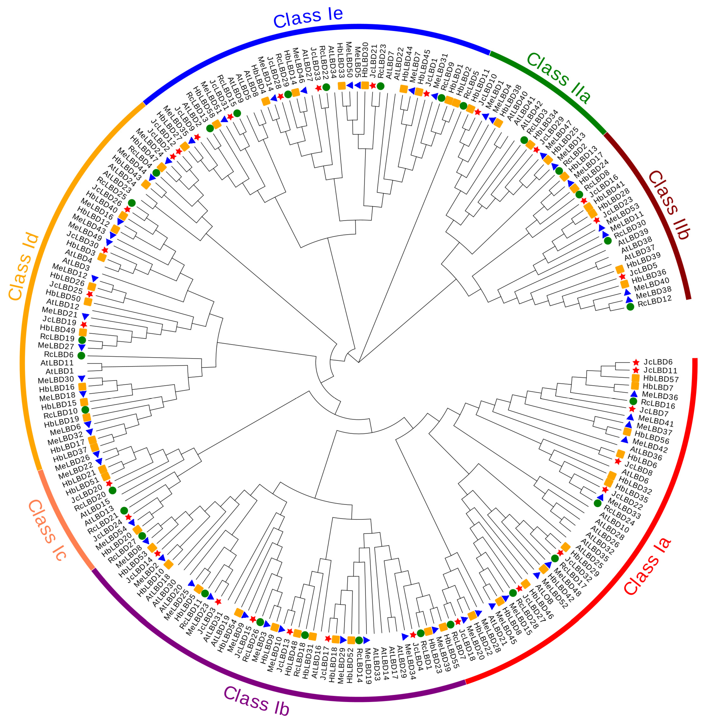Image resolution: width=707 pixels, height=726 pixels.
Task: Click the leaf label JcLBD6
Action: (x=658, y=362)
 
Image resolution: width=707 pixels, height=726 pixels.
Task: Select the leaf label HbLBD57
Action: (x=661, y=379)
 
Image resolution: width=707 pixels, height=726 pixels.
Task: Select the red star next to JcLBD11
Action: (x=636, y=370)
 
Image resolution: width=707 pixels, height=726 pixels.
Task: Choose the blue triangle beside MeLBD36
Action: (x=634, y=394)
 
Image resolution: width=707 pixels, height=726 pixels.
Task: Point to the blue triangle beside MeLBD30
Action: (x=82, y=379)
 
